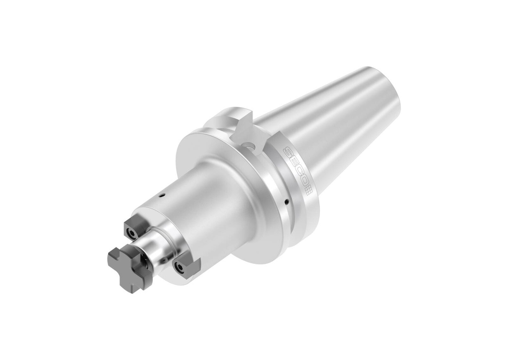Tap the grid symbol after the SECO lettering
click(x=307, y=190)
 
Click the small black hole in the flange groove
click(x=287, y=202)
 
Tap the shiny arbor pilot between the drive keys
click(x=159, y=250)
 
